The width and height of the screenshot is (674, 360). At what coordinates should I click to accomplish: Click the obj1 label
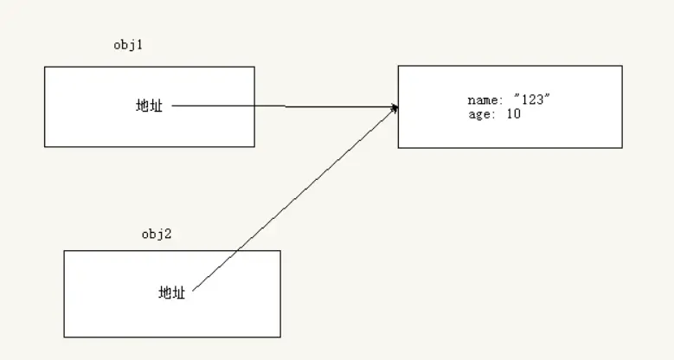(127, 46)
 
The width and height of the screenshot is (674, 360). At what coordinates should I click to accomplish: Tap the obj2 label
(156, 234)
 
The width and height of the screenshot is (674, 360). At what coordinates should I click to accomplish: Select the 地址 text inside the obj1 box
(150, 106)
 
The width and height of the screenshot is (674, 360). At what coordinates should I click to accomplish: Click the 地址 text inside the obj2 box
(172, 292)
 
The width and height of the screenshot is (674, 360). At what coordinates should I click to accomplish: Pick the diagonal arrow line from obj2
(294, 199)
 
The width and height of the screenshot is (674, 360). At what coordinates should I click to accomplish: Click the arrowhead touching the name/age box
(395, 107)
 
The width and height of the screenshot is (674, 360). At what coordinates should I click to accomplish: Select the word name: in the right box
(485, 101)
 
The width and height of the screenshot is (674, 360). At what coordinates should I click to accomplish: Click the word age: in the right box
(482, 114)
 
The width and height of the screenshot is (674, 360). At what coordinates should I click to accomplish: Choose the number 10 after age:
(514, 114)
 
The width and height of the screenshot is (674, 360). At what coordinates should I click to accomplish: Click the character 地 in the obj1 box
(143, 106)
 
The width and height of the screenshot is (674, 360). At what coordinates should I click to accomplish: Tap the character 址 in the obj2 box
(179, 292)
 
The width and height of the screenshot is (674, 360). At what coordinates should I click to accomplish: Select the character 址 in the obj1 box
(157, 106)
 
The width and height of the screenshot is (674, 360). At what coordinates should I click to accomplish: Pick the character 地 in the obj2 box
(165, 292)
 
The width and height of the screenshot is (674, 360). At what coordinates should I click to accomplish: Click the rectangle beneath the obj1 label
(87, 125)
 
